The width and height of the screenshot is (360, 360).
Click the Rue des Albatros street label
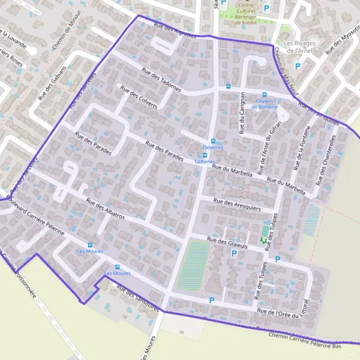pyautogui.click(x=105, y=209)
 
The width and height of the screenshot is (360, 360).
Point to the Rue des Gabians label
pyautogui.click(x=52, y=82)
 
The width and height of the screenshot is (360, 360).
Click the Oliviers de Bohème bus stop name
pyautogui.click(x=266, y=104)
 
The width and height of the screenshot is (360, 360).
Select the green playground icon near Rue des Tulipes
pyautogui.click(x=263, y=240)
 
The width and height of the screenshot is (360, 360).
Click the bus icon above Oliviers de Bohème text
pyautogui.click(x=264, y=94)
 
